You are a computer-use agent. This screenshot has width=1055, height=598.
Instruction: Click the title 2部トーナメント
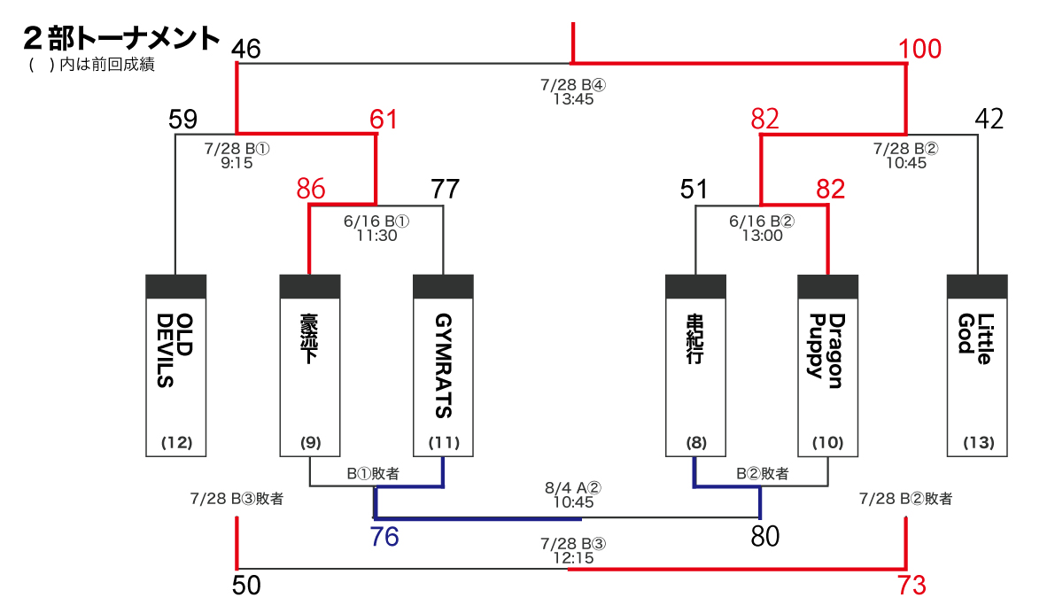pyautogui.click(x=122, y=38)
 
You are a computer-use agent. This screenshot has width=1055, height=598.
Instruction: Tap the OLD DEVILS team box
pyautogui.click(x=175, y=365)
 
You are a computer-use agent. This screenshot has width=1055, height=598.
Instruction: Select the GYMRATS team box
pyautogui.click(x=444, y=365)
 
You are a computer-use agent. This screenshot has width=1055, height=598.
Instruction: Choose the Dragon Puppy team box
pyautogui.click(x=828, y=365)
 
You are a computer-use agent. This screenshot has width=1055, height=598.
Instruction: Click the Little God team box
pyautogui.click(x=977, y=365)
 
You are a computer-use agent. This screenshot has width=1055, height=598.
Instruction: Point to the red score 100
pyautogui.click(x=919, y=50)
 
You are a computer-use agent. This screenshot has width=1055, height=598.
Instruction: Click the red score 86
pyautogui.click(x=311, y=189)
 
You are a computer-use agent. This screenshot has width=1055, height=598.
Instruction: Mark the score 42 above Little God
pyautogui.click(x=989, y=119)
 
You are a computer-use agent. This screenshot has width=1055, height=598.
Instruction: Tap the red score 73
pyautogui.click(x=911, y=586)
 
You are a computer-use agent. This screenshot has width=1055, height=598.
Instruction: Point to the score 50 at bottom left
pyautogui.click(x=248, y=586)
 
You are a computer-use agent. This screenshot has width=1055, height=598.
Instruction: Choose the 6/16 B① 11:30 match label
pyautogui.click(x=376, y=229)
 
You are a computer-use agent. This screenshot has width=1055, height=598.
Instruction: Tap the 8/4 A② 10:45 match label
pyautogui.click(x=573, y=494)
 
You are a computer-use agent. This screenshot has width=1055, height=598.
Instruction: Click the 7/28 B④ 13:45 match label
pyautogui.click(x=573, y=92)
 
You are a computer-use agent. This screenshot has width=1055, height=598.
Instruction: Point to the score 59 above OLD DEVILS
pyautogui.click(x=183, y=119)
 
